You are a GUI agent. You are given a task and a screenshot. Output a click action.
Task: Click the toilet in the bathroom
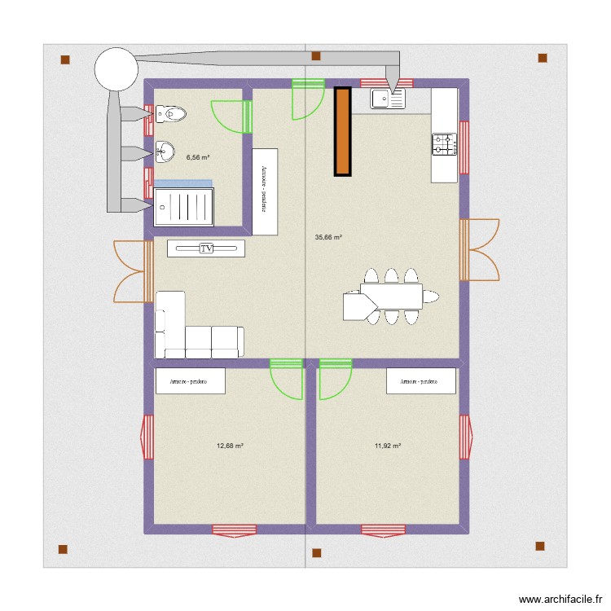169,115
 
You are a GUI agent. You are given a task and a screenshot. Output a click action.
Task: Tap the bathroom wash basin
165,150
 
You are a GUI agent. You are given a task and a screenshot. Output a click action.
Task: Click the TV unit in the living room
206,248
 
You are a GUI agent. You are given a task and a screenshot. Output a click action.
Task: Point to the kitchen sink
388,99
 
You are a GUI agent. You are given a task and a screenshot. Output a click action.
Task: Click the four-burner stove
444,145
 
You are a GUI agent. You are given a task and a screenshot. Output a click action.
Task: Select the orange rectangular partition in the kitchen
342,131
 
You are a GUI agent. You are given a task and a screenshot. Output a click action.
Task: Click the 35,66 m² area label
328,238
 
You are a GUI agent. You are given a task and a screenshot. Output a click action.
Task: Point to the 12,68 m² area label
231,446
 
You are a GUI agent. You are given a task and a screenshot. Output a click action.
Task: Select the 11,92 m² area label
389,446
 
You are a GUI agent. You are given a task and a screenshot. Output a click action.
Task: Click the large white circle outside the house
116,68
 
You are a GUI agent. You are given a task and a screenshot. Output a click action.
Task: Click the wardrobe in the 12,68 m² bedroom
190,381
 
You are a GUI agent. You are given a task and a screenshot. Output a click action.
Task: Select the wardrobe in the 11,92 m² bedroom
420,381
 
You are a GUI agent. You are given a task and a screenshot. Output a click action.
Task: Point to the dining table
391,296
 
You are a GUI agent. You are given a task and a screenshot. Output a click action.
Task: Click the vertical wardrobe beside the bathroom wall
265,191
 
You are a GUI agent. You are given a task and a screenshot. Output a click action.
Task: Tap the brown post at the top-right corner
542,58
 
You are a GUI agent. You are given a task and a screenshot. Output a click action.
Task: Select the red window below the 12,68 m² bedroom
234,530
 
